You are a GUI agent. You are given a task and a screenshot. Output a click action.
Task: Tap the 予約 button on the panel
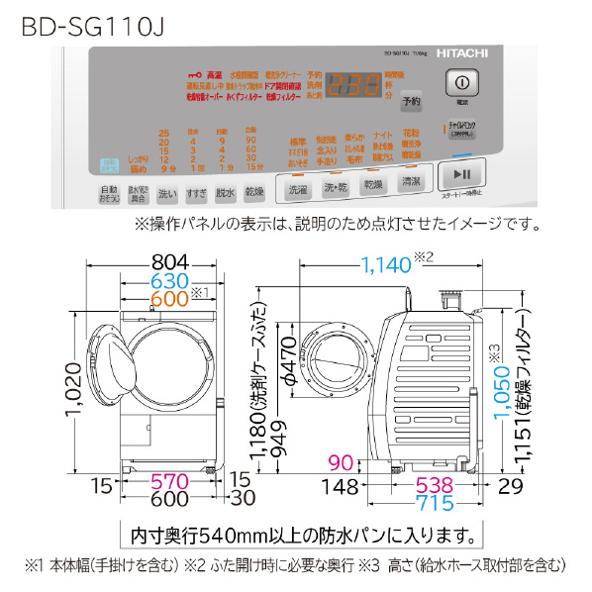point(412,101)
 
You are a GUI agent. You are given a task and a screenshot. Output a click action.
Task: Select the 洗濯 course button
point(297,187)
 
